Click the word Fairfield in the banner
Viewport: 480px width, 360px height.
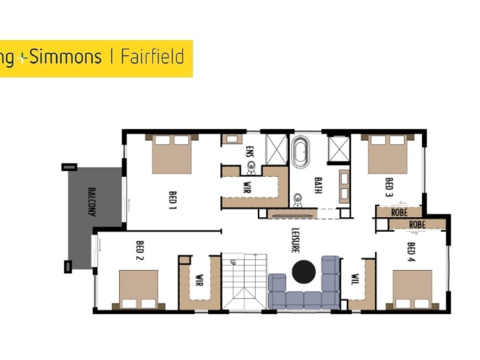[x=152, y=58]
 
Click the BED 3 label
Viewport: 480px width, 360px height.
[x=388, y=187]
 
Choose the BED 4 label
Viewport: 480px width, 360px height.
[x=411, y=252]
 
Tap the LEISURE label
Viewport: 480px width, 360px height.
[x=295, y=239]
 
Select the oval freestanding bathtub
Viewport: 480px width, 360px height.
[x=302, y=152]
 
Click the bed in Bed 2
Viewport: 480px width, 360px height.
[x=139, y=289]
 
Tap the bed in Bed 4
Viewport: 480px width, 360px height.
[x=412, y=289]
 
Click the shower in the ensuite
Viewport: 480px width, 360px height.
[x=277, y=148]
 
